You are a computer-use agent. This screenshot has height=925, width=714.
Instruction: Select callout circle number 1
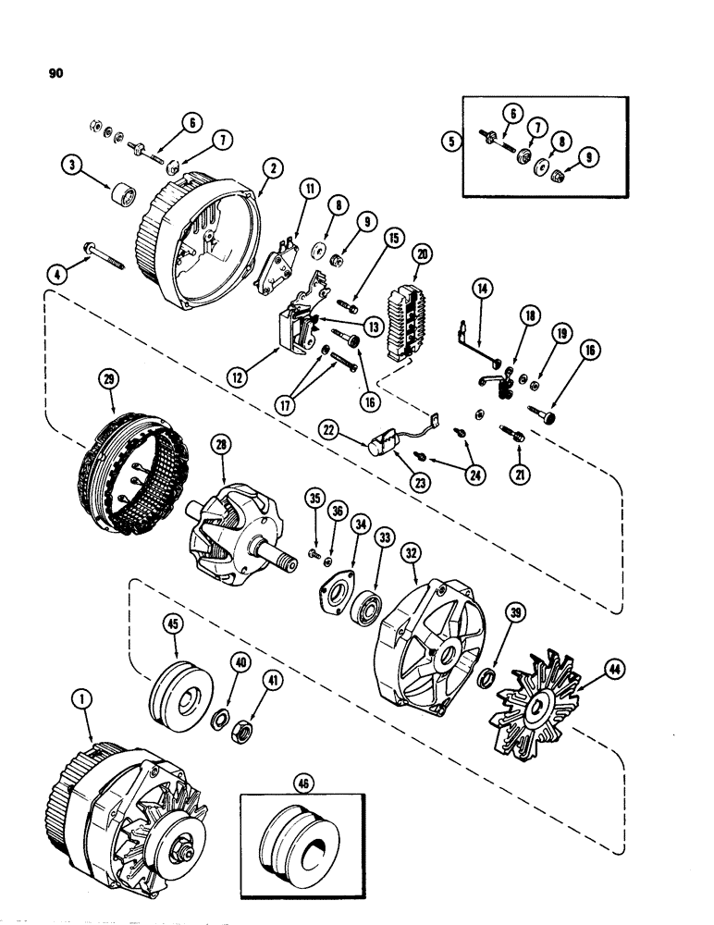[85, 703]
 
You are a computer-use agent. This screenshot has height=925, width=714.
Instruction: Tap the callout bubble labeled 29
[112, 379]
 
